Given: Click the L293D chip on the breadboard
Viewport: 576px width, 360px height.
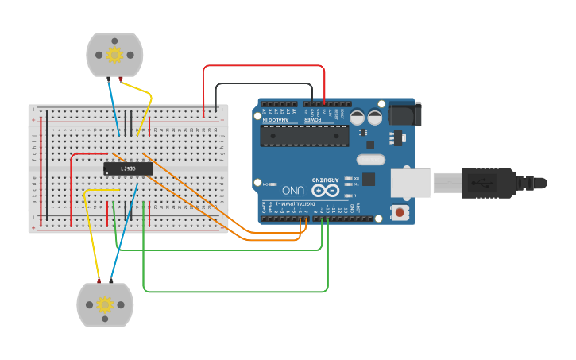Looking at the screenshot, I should [x=127, y=168].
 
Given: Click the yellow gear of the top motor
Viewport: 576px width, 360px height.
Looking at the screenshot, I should [x=114, y=55].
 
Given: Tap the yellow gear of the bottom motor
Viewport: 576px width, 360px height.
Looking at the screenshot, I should [x=105, y=304].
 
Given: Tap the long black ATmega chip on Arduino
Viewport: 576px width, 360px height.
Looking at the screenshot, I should [x=304, y=136].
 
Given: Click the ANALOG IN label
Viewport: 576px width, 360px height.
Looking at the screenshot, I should [x=276, y=120].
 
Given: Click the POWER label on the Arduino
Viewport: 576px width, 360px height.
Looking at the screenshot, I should [x=322, y=120].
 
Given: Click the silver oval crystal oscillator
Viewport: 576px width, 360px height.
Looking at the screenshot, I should [x=371, y=160].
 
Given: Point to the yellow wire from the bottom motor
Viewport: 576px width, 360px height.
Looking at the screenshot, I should [x=92, y=238].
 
